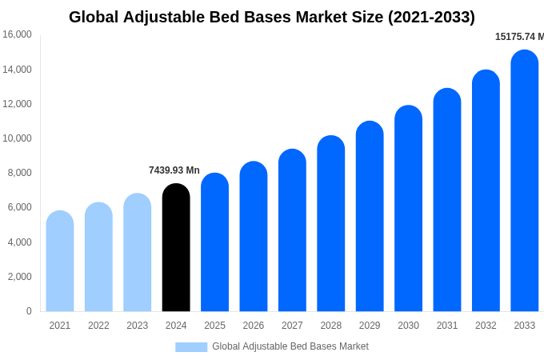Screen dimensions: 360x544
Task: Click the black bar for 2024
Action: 176,248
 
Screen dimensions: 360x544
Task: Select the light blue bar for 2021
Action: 60,262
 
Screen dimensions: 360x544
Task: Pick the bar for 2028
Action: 330,224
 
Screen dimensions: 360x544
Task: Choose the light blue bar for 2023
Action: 138,253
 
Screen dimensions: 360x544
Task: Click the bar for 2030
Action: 408,209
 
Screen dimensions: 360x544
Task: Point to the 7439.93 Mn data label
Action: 174,170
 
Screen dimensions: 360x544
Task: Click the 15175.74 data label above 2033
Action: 518,37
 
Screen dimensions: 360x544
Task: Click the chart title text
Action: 272,17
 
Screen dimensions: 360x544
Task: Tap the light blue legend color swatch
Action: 191,346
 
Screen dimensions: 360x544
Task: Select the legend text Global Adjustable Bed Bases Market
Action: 290,346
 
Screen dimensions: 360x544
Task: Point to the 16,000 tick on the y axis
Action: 17,34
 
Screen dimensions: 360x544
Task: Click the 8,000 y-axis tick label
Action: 19,173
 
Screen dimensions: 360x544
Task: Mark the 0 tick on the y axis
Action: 29,311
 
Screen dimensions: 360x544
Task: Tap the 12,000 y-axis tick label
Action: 17,104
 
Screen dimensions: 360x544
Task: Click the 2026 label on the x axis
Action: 254,326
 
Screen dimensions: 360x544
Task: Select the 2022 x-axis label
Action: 98,326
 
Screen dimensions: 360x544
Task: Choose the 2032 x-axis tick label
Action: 486,326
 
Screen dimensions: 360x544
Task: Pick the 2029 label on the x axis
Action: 370,326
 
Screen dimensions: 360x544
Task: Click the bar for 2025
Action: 214,242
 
